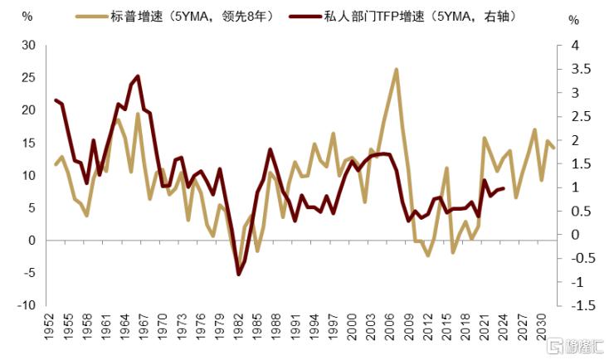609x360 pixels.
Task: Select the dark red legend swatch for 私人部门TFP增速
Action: [x=303, y=16]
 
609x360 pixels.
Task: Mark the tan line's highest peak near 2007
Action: [x=397, y=69]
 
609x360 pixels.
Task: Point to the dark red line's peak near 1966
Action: [x=137, y=76]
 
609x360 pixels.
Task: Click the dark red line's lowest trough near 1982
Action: [x=239, y=274]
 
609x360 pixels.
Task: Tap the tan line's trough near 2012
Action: [x=428, y=255]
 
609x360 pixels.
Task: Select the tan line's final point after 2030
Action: [x=553, y=148]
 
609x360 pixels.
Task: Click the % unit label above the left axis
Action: [x=27, y=16]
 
